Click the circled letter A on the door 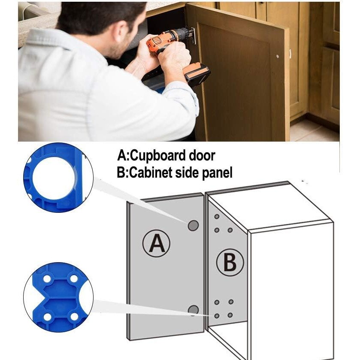(x=156, y=244)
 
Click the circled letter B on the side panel (x=230, y=263)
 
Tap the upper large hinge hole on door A (x=194, y=226)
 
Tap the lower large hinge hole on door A (x=194, y=310)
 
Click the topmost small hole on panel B (x=217, y=216)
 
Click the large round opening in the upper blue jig (x=54, y=178)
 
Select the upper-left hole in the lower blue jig (x=47, y=279)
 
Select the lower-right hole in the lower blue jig (x=74, y=317)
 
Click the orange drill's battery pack (x=197, y=74)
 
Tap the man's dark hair (x=101, y=16)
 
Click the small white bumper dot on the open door (x=278, y=56)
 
